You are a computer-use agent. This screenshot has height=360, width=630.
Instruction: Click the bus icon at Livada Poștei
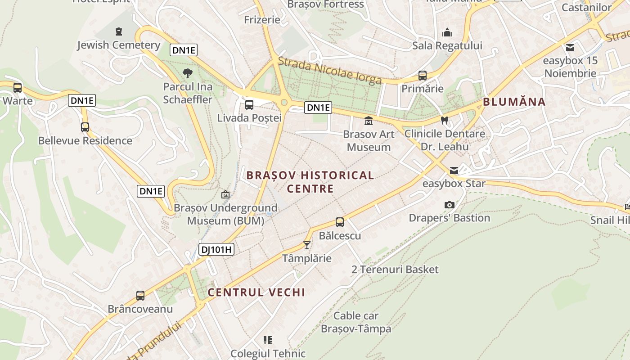tap(249, 105)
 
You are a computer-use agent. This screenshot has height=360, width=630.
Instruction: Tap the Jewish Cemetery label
tap(118, 45)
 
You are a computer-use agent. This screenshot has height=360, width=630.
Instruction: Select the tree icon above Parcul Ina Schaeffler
tap(188, 73)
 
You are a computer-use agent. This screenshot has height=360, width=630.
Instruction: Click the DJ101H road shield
tap(216, 249)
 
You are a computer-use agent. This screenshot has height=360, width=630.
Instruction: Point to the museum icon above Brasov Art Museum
tap(369, 121)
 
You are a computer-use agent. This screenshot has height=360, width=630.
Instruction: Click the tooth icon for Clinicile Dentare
tap(445, 120)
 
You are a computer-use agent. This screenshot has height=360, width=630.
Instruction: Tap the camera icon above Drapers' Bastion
tap(449, 205)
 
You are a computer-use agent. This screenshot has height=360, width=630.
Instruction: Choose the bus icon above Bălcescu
tap(340, 222)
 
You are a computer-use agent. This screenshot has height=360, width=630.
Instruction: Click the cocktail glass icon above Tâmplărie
tap(307, 245)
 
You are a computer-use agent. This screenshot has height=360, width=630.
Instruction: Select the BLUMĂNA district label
tap(514, 102)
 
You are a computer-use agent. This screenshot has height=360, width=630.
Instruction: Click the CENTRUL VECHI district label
tap(256, 292)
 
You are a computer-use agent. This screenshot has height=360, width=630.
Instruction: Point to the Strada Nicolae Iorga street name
tap(330, 71)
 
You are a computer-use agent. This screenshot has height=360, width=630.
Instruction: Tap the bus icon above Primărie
tap(422, 75)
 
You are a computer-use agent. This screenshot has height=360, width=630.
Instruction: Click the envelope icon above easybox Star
tap(454, 170)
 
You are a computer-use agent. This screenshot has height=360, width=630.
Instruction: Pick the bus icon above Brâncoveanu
tap(140, 296)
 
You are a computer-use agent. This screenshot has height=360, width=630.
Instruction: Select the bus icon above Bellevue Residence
tap(85, 127)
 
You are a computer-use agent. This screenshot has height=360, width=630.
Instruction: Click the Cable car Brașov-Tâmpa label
tap(356, 322)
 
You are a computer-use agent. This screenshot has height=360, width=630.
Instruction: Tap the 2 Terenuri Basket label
tap(395, 270)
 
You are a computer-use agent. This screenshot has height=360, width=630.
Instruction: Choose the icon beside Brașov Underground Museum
tap(225, 194)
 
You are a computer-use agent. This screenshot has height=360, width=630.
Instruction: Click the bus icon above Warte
tap(18, 87)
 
